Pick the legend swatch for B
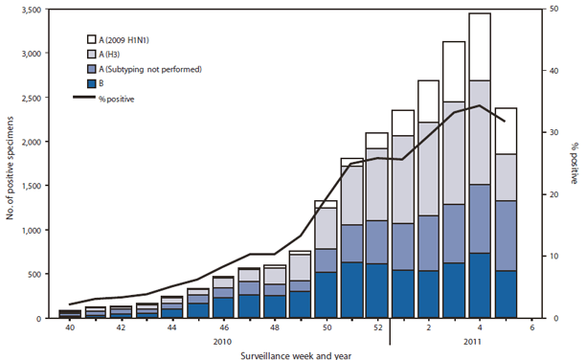tap(94, 83)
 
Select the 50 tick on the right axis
tap(549, 10)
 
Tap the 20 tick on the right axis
tap(549, 194)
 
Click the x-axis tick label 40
tap(69, 328)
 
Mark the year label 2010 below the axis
tap(222, 341)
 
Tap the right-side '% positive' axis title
tap(575, 164)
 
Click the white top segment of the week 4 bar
tap(480, 47)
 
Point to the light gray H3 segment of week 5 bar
tap(505, 177)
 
